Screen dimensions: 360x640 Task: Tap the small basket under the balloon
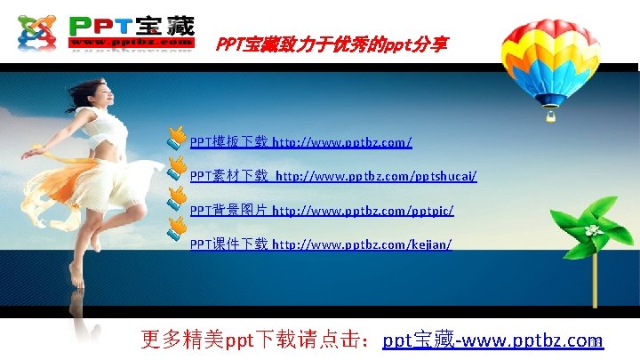click(x=551, y=115)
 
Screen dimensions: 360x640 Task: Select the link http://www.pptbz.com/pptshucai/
click(x=376, y=176)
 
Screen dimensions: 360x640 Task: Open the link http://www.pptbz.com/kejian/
click(x=362, y=244)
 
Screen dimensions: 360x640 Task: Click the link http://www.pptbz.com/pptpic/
click(x=363, y=210)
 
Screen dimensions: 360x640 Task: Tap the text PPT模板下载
click(x=228, y=141)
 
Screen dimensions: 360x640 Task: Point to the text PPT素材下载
click(x=228, y=176)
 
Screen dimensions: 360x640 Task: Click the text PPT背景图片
click(x=228, y=210)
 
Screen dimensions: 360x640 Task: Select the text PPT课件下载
click(x=228, y=244)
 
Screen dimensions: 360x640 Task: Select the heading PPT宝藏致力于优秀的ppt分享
click(x=332, y=44)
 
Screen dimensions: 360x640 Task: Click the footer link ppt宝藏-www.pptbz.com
click(x=492, y=340)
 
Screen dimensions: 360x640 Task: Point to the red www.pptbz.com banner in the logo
click(x=131, y=42)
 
